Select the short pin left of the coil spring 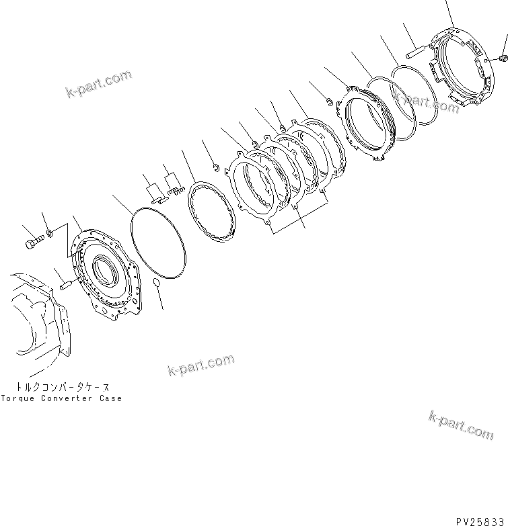pyautogui.click(x=159, y=199)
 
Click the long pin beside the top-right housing pyautogui.click(x=415, y=48)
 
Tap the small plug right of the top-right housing pyautogui.click(x=503, y=60)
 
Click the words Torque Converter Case pyautogui.click(x=61, y=398)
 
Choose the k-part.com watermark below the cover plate pyautogui.click(x=200, y=366)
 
